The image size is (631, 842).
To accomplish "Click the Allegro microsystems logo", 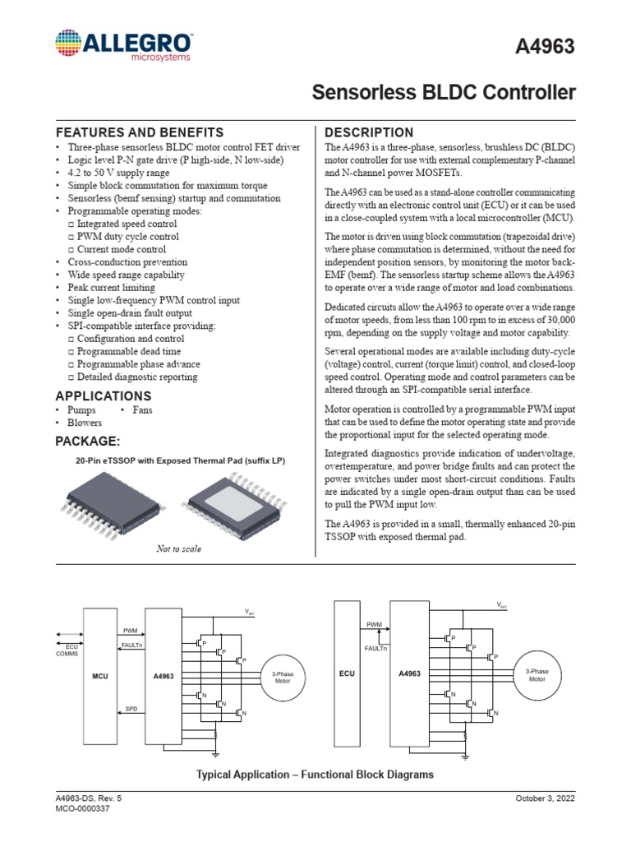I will (123, 45).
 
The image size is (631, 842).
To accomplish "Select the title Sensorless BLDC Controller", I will (444, 93).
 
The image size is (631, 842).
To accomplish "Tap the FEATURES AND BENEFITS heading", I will (139, 132).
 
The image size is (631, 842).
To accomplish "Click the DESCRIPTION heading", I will (369, 132).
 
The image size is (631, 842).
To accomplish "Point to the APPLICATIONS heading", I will (103, 396).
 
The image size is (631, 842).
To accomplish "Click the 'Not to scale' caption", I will (178, 548).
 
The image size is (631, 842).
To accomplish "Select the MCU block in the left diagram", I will (100, 675).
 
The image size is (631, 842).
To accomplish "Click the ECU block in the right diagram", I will (347, 673).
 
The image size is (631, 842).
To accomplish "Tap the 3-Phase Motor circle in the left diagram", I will (282, 677).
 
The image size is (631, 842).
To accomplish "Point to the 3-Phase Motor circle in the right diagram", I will (537, 675).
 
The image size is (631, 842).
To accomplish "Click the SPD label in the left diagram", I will (131, 707).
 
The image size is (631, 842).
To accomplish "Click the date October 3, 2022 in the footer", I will (546, 798).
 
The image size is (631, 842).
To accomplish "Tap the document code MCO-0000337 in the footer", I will (82, 809).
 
